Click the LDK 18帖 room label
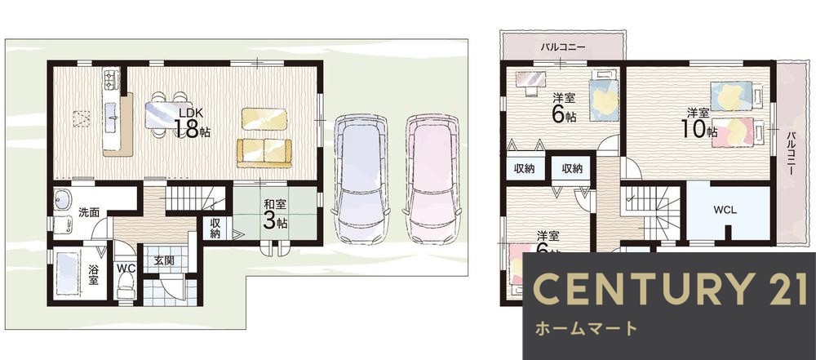pyautogui.click(x=192, y=123)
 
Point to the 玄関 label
pyautogui.click(x=162, y=261)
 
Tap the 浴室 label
pyautogui.click(x=93, y=273)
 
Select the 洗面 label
pyautogui.click(x=88, y=212)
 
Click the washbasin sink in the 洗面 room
pyautogui.click(x=64, y=200)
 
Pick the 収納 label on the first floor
pyautogui.click(x=215, y=229)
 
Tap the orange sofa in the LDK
pyautogui.click(x=264, y=152)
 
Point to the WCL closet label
pyautogui.click(x=725, y=210)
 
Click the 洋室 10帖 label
pyautogui.click(x=699, y=122)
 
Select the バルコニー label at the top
pyautogui.click(x=562, y=47)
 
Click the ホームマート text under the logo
pyautogui.click(x=585, y=329)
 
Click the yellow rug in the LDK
pyautogui.click(x=264, y=119)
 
